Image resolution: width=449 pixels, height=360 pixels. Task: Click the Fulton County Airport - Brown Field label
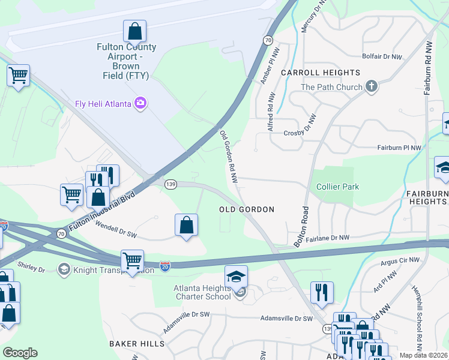(x=127, y=61)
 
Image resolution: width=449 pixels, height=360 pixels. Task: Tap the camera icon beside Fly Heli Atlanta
(x=140, y=104)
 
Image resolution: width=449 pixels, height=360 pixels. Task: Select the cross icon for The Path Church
(x=372, y=87)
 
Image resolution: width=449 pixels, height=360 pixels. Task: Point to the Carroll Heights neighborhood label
(x=321, y=73)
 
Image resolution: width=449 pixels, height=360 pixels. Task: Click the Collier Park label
(x=338, y=187)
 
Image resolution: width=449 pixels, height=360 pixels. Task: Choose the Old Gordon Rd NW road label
(x=229, y=157)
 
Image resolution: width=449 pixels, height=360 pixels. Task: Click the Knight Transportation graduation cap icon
(x=64, y=269)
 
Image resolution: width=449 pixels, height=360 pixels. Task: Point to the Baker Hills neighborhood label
(x=137, y=343)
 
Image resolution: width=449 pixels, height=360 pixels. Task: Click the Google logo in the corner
(x=20, y=353)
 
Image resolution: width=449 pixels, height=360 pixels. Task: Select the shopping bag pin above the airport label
(x=135, y=31)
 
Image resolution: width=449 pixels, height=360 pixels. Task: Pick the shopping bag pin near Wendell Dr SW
(x=187, y=226)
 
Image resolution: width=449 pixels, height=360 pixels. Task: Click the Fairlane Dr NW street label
(x=328, y=238)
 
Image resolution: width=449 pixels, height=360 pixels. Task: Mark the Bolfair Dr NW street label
(x=382, y=56)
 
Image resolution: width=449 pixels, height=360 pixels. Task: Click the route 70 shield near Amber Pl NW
(x=267, y=40)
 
